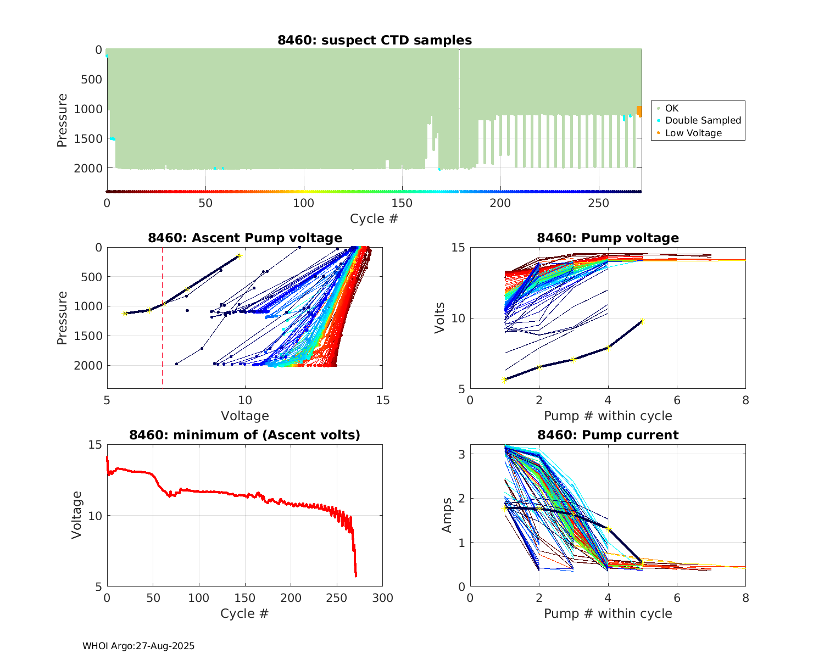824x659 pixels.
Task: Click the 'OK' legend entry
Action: click(x=671, y=108)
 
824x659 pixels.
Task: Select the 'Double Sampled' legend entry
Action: click(x=703, y=120)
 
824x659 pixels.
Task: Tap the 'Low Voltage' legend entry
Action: click(x=693, y=133)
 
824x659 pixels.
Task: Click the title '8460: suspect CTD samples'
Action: click(x=374, y=40)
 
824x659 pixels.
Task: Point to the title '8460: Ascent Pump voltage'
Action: click(x=244, y=238)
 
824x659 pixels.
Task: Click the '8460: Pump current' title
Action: click(x=608, y=435)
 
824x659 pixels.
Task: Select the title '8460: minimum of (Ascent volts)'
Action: click(x=244, y=435)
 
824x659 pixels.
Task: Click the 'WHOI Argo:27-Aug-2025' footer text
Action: click(x=138, y=646)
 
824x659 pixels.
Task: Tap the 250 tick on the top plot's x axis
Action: click(x=598, y=203)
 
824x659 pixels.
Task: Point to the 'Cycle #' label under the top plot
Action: click(x=374, y=219)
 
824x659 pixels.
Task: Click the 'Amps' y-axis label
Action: click(x=447, y=515)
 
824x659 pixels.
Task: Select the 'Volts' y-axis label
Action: click(x=439, y=318)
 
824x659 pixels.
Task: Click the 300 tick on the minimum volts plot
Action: click(x=382, y=598)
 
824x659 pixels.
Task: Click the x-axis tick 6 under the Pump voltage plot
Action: click(x=677, y=400)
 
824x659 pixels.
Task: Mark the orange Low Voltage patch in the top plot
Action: click(x=639, y=111)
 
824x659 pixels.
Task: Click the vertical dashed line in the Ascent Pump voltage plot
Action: click(x=162, y=340)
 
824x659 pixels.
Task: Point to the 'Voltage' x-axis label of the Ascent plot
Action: click(x=244, y=416)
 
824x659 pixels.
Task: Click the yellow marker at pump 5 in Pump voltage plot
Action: click(x=642, y=321)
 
